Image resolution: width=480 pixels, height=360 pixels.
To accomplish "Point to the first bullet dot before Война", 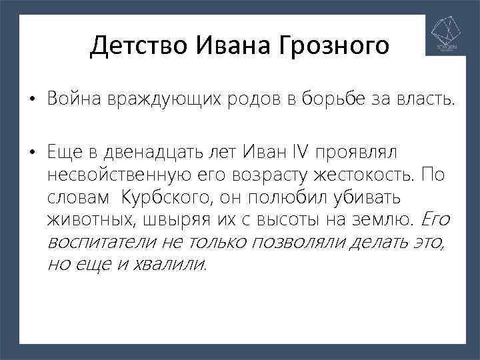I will (x=31, y=101).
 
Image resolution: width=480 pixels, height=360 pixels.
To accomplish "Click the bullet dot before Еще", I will (x=31, y=153).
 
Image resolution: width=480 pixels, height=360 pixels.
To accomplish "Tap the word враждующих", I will (x=154, y=99).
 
